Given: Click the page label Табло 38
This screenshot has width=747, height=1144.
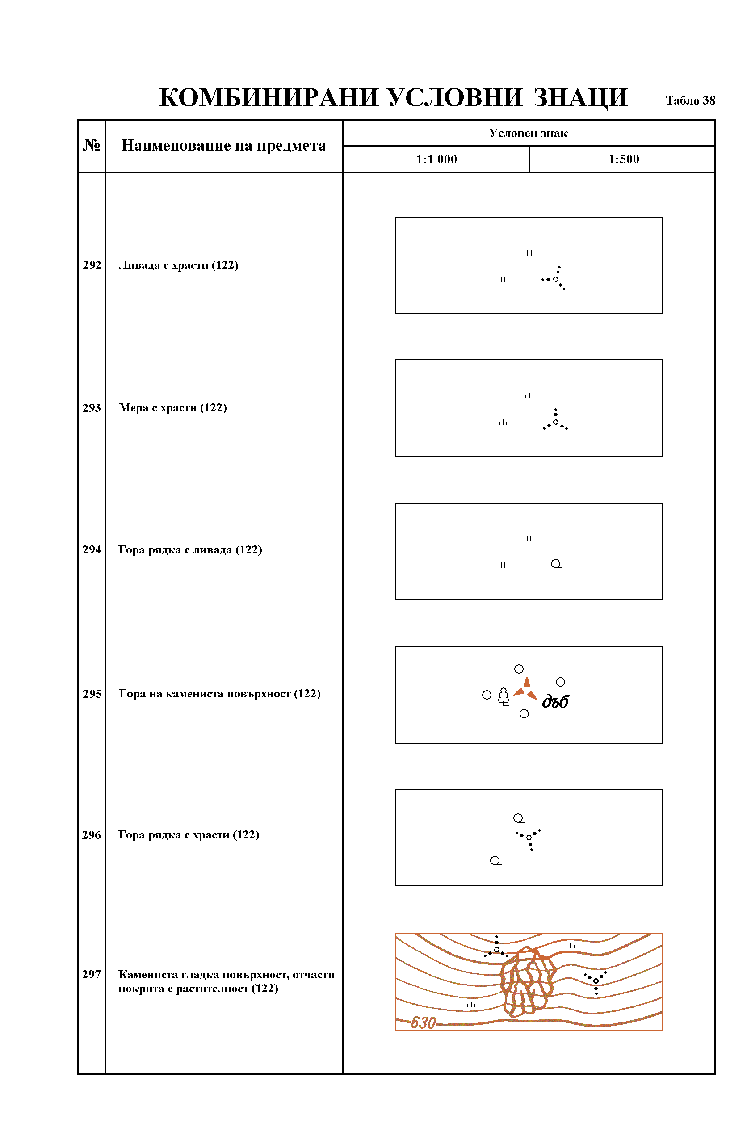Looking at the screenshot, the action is coord(690,101).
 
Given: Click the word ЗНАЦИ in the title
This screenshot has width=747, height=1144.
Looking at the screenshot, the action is coord(581,97).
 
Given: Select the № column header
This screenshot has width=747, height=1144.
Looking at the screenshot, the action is coord(91,145).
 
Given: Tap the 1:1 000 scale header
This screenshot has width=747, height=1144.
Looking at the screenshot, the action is coord(436,159).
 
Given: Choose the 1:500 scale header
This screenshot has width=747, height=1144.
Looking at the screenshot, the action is coord(623,159).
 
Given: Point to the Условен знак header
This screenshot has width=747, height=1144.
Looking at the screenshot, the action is coord(528,133).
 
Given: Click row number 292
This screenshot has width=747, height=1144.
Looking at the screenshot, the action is coord(92,265).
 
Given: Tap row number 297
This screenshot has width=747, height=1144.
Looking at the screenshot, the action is coord(91,974).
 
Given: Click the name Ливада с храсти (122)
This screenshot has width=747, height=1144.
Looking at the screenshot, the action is coord(178,265).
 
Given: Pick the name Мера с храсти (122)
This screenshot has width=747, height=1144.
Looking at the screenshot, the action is coord(172,407).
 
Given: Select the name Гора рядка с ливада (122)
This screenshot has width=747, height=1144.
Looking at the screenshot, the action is coord(190,549).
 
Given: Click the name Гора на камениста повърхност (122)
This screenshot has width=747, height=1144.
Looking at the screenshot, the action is coord(219,694).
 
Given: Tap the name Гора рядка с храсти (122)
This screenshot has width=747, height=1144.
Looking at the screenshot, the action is coord(189,835).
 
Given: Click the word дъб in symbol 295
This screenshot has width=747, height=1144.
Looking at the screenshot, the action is coord(555,701).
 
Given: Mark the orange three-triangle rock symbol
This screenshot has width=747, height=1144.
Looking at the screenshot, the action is coord(525,689).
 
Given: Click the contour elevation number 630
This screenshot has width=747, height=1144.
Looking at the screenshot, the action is coord(423,1022).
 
